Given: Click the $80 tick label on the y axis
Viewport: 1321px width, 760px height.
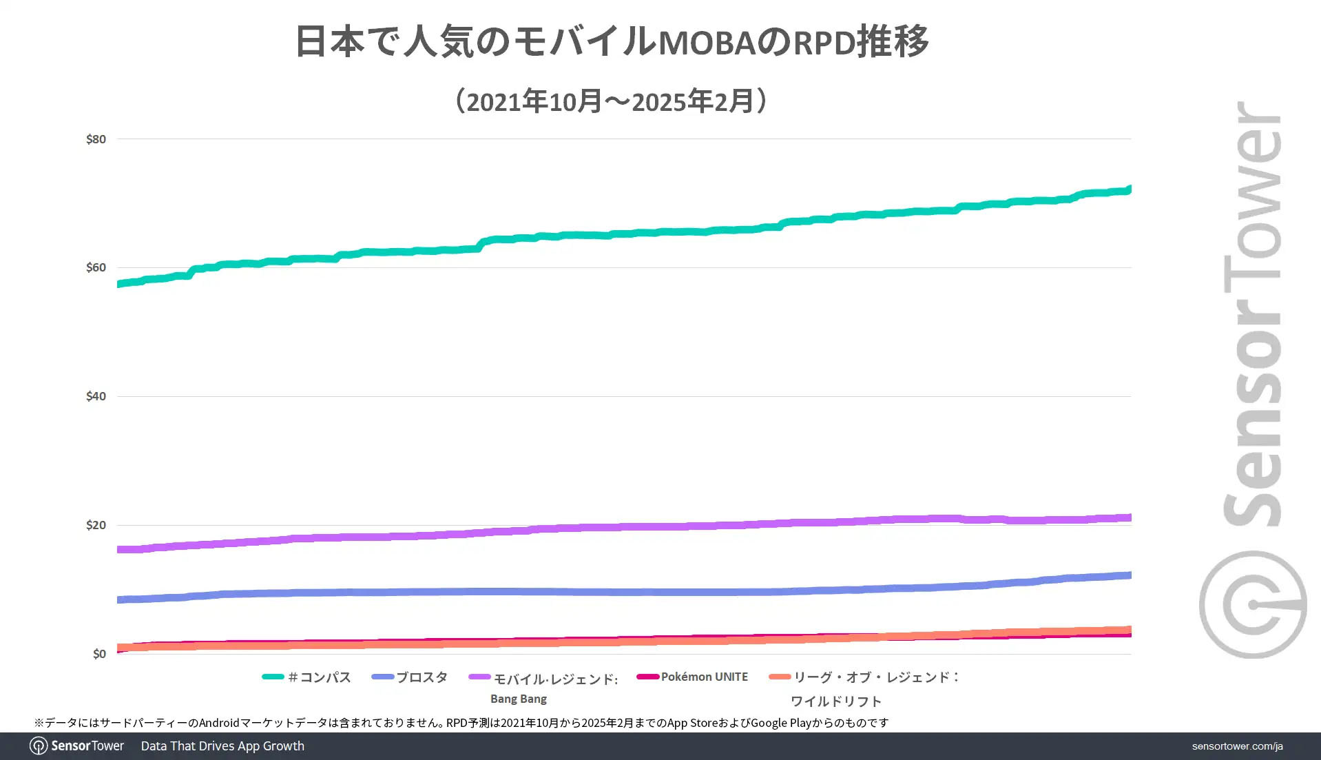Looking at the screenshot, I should coord(96,139).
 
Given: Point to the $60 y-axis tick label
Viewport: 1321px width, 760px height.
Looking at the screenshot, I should coord(96,267).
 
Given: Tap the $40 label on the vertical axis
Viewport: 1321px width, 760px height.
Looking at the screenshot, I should coord(96,396).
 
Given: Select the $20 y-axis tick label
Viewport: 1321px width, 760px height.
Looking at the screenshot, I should coord(96,525).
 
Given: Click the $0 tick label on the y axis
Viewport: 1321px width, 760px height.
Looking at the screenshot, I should coord(99,654).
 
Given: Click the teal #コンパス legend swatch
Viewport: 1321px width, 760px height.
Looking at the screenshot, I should coord(273,677).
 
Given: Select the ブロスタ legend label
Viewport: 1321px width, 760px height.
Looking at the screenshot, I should coord(422,677).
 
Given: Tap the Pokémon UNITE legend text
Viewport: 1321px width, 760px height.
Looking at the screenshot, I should coord(704,677).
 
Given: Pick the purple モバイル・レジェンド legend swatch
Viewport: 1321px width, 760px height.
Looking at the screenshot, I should coord(479,677).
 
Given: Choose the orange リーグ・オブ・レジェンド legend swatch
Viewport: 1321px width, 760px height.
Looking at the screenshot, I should coord(780,677).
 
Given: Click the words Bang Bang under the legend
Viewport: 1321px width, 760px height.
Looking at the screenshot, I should coord(518,699).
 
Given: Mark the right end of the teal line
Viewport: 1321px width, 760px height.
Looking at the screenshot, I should coord(1129,189).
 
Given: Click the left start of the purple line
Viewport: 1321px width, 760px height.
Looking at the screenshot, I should coord(120,549).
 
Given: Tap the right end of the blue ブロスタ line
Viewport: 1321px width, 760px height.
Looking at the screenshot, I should coord(1129,575).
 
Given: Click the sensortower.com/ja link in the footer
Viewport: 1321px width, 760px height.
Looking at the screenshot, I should coord(1237,746).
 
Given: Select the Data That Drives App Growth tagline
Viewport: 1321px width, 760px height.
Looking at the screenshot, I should coord(222,746).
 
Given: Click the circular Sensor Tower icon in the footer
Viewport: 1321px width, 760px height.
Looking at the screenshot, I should coord(39,746).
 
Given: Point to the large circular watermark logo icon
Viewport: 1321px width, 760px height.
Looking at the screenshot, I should coord(1252,604).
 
